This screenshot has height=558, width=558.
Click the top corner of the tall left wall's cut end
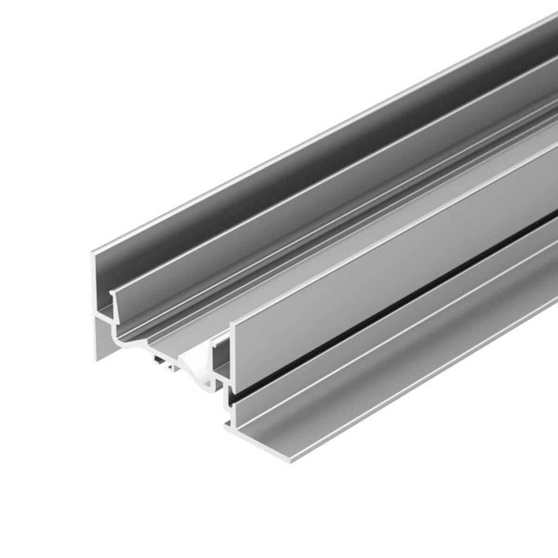[x=92, y=252]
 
